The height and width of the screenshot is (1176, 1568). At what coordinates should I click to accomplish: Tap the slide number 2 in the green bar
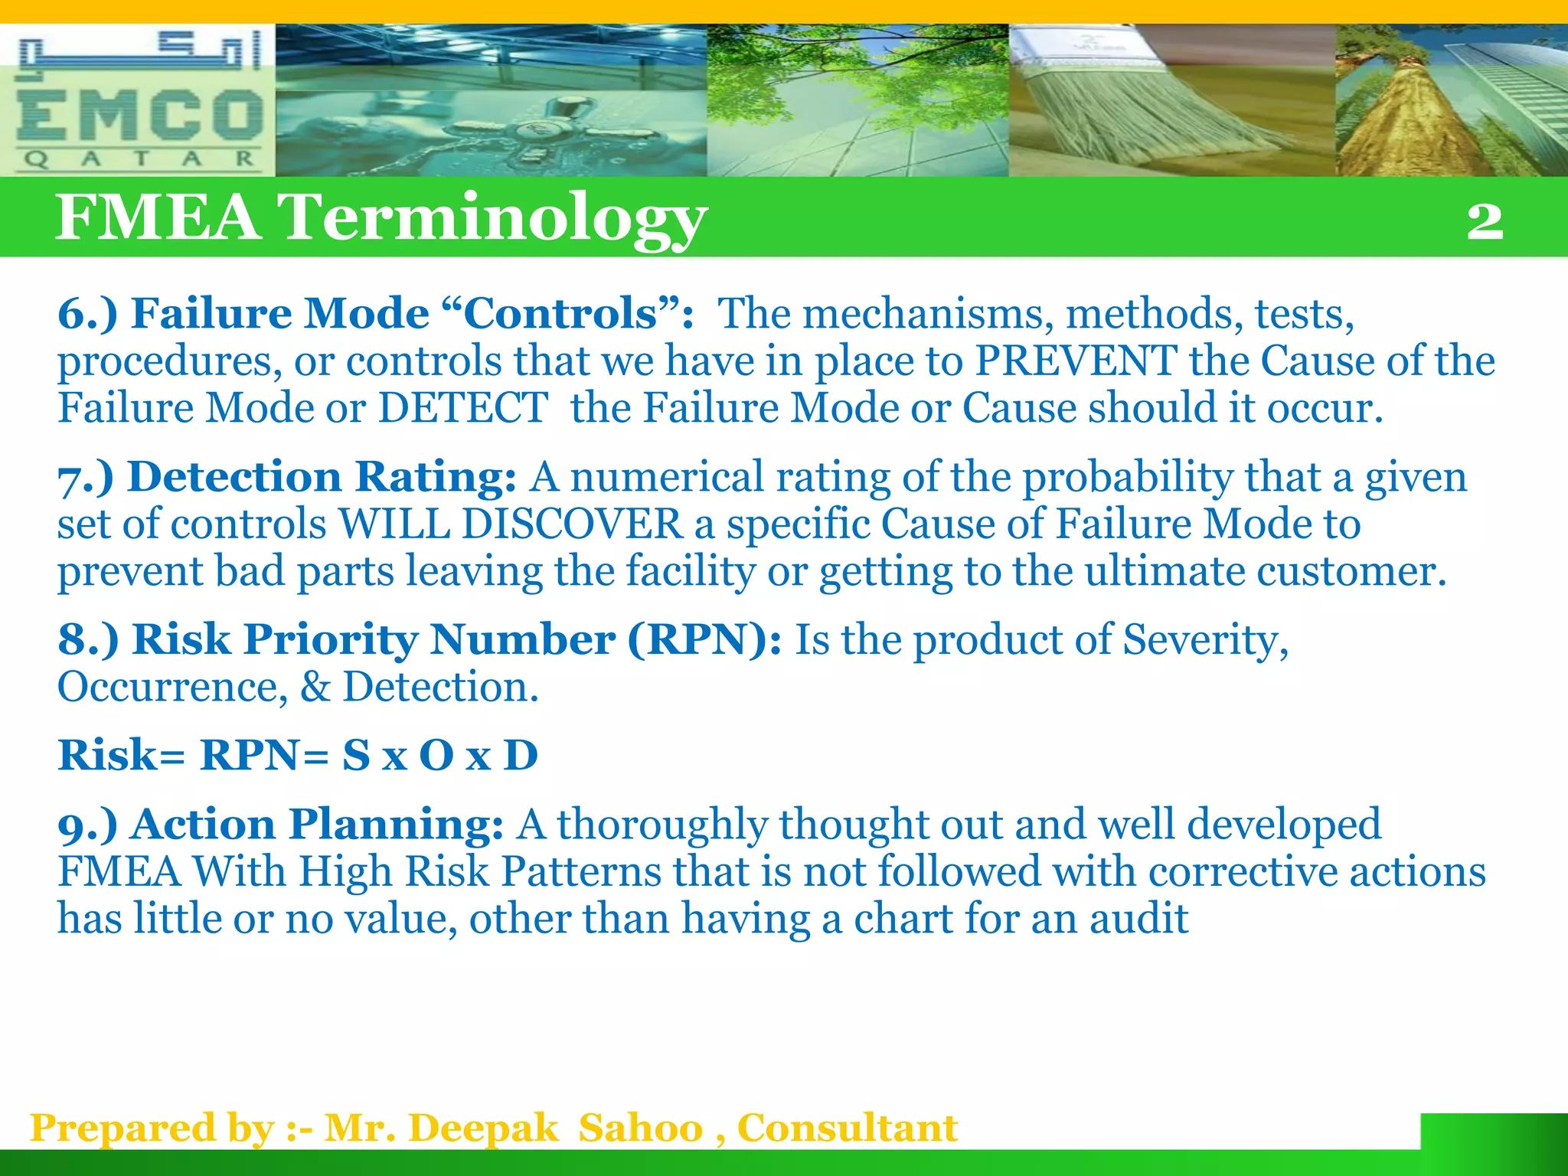(1485, 221)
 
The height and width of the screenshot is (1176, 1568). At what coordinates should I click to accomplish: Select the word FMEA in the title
(158, 217)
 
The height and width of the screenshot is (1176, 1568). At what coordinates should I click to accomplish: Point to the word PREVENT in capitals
(1076, 361)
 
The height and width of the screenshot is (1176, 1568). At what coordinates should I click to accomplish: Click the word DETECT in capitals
(462, 408)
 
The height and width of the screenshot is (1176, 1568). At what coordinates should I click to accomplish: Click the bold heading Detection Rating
(322, 477)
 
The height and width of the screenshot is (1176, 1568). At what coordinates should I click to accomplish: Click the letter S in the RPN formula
(356, 756)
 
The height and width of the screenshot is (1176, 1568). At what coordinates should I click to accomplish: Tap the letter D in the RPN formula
(521, 756)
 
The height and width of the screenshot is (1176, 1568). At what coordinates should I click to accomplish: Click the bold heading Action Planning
(317, 825)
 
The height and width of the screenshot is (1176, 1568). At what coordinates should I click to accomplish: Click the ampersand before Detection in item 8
(315, 687)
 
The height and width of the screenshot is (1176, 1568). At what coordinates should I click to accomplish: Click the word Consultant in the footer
(847, 1129)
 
